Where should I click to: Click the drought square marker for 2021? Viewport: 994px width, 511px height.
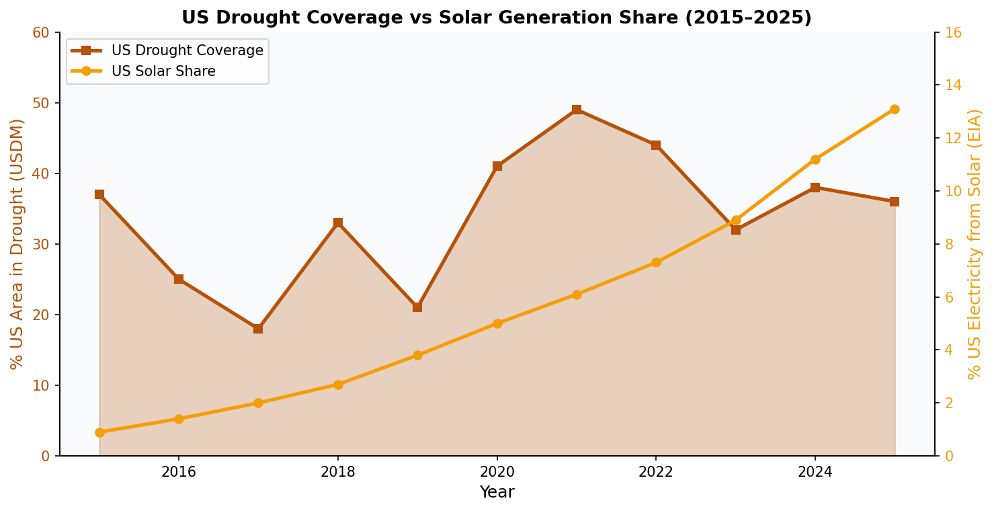pos(577,110)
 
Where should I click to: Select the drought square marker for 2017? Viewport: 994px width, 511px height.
pos(258,329)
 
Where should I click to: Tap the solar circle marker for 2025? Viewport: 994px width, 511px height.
pos(895,109)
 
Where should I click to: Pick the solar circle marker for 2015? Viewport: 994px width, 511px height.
pos(99,432)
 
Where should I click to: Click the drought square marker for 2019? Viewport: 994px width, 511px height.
pos(417,307)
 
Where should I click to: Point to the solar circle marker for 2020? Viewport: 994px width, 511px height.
pos(497,323)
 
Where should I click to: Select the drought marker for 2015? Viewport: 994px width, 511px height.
pos(99,194)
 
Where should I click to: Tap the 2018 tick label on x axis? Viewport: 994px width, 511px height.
pos(338,472)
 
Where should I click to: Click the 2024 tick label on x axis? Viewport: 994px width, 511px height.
pos(815,472)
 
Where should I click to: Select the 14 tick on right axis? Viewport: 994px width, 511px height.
pos(953,85)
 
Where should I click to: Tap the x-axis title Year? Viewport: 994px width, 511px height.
pos(497,492)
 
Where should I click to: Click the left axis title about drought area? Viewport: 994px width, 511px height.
pos(17,243)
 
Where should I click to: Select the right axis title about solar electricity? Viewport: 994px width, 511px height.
pos(975,243)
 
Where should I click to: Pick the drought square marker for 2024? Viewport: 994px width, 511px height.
pos(815,188)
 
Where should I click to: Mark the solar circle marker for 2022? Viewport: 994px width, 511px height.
pos(656,262)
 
